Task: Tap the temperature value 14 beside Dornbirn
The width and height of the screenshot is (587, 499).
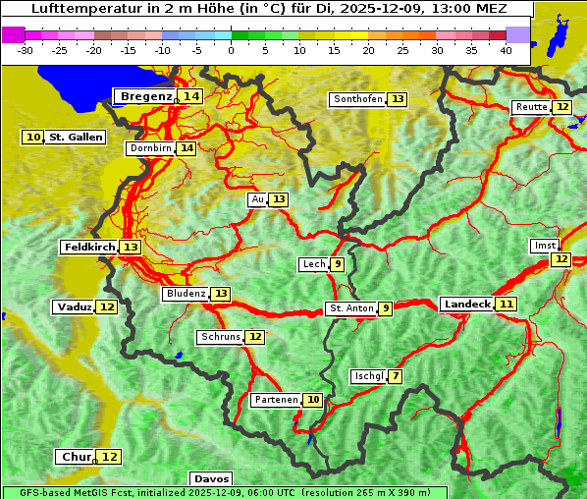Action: (187, 148)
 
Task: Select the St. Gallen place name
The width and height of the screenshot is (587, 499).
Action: (76, 138)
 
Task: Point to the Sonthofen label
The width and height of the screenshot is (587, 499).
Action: (357, 99)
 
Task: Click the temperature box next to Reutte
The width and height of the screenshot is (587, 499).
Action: (561, 107)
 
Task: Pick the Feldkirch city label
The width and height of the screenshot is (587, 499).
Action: (89, 247)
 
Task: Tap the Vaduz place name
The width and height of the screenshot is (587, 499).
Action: (74, 306)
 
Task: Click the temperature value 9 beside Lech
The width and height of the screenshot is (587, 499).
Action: (338, 264)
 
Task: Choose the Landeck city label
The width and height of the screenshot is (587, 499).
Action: (466, 305)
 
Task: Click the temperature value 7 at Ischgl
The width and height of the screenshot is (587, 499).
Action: (395, 376)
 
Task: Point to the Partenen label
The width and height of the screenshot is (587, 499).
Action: (275, 400)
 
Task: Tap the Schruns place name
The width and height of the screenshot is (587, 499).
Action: (220, 337)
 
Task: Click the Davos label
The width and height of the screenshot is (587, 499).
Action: (211, 479)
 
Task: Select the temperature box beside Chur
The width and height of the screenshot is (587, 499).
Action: (109, 457)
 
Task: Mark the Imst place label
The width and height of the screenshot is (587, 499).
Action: (543, 245)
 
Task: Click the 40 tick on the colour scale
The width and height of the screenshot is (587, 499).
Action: (506, 49)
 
